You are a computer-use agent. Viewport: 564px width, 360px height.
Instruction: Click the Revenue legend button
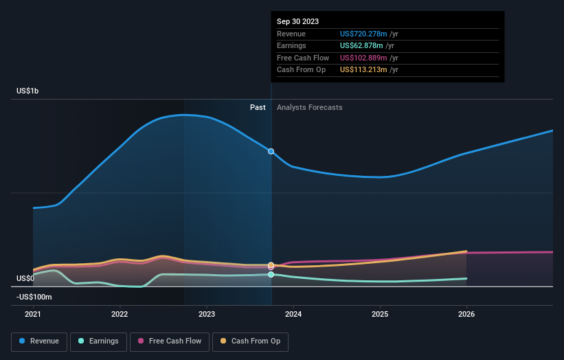[39, 341]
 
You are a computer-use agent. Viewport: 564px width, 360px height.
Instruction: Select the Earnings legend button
[98, 341]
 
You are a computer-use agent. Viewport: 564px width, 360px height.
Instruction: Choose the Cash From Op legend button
[251, 341]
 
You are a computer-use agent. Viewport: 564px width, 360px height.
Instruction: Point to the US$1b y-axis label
[28, 91]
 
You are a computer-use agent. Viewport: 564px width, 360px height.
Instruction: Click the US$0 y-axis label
[25, 278]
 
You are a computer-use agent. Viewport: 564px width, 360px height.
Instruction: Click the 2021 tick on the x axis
[33, 314]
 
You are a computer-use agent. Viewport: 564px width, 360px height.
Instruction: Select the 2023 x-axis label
[206, 314]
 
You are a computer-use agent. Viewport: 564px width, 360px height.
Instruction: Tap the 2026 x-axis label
[466, 314]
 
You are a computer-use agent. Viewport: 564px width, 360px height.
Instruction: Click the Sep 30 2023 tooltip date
[297, 21]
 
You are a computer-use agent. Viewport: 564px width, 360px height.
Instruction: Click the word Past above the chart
[258, 107]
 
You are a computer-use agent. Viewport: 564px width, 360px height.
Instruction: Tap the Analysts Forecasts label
[309, 107]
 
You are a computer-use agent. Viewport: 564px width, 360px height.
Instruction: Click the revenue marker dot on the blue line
[271, 151]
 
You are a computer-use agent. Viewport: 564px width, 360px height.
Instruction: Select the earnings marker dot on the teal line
[271, 274]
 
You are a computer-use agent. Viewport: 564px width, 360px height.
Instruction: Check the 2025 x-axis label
[380, 314]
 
